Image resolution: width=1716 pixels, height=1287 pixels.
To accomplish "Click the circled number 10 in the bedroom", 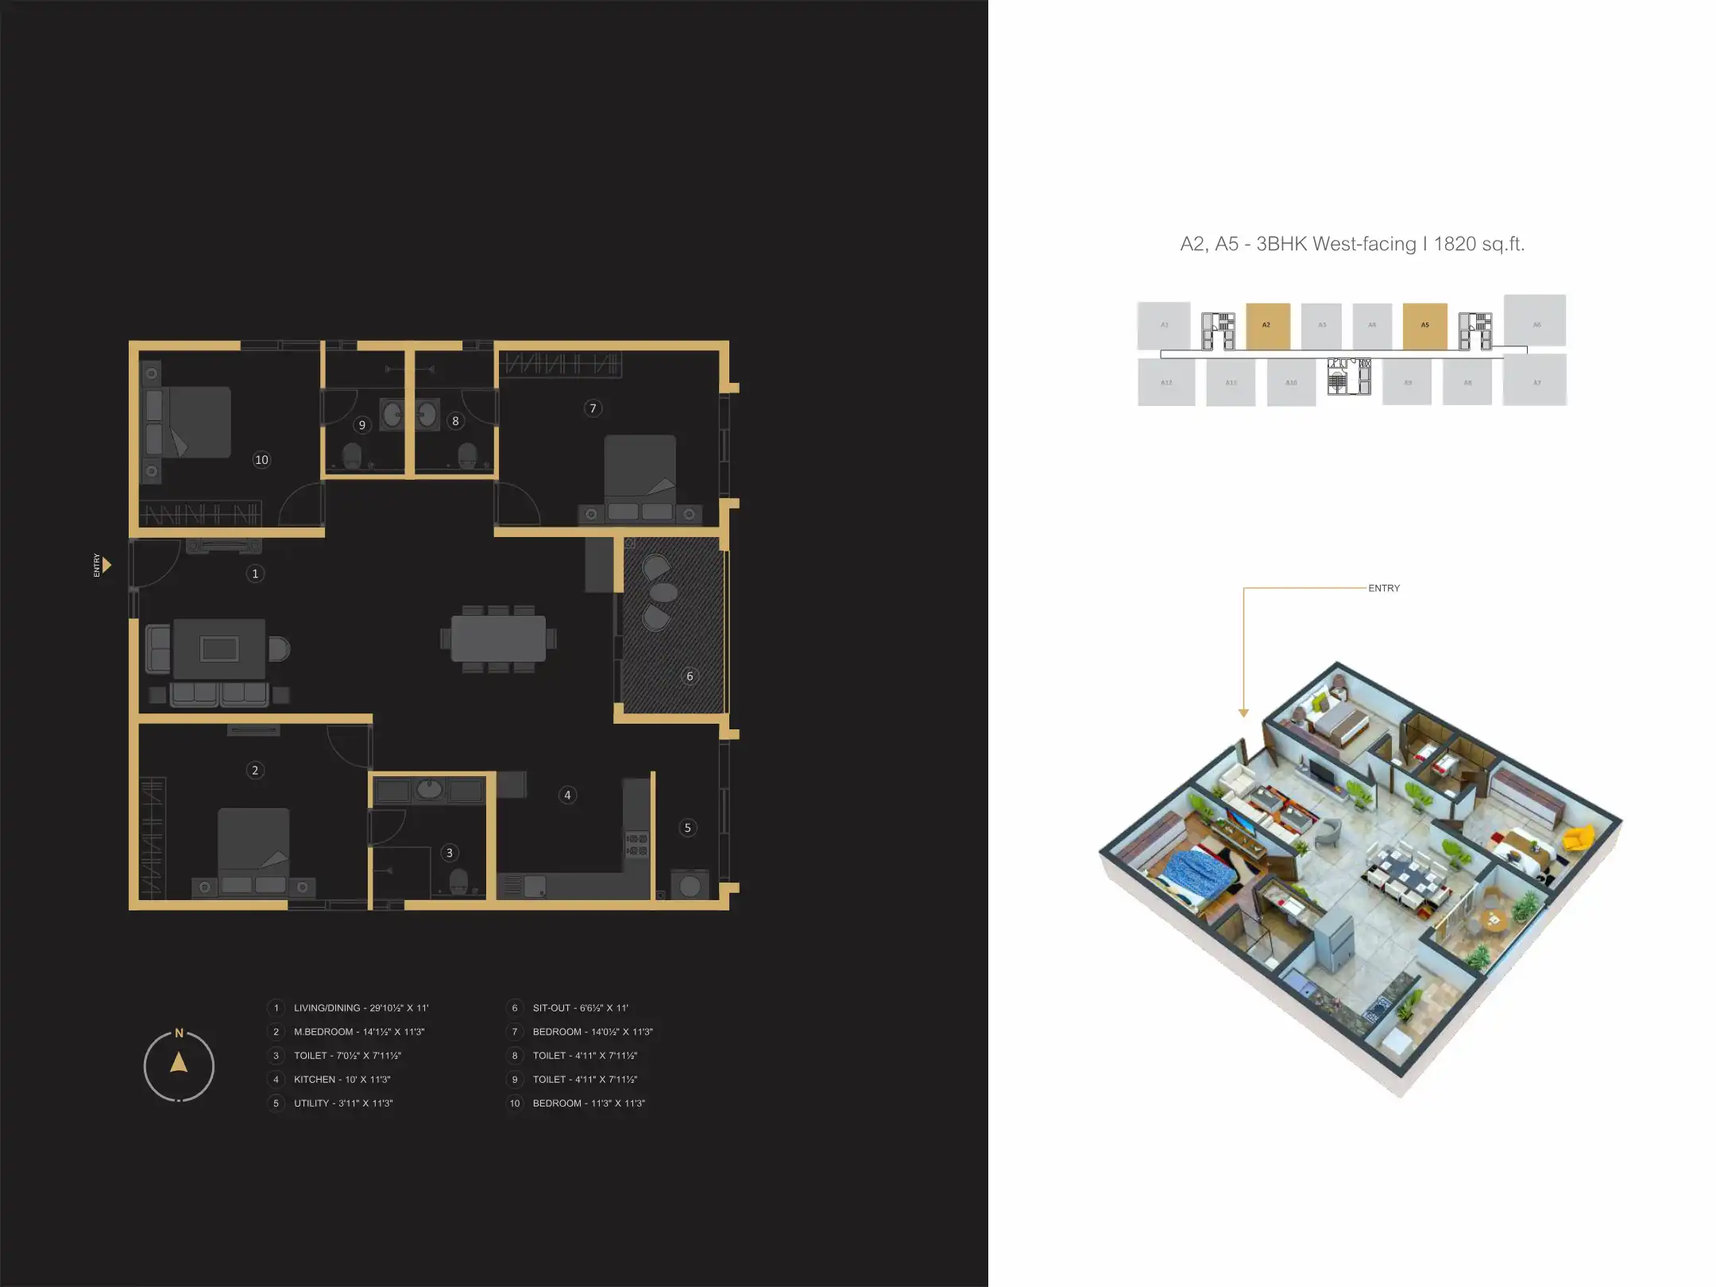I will point(261,460).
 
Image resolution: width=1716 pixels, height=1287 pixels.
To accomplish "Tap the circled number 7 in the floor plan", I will point(593,408).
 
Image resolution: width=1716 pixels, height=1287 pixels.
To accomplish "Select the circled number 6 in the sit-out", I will point(690,676).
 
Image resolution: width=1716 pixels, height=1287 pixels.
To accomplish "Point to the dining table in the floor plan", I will point(498,639).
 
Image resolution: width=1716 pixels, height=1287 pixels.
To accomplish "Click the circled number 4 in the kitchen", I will point(567,795).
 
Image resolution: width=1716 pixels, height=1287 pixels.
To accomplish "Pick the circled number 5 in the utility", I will point(688,828).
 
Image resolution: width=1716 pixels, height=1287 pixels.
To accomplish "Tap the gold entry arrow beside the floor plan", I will point(106,565).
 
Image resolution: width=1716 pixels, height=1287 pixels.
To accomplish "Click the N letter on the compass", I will point(179,1033).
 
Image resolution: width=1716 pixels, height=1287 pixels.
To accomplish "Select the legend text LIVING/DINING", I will point(327,1008).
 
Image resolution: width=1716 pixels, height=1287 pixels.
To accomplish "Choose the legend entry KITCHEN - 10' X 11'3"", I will point(342,1080).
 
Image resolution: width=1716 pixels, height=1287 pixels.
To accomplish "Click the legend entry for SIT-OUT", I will point(580,1008).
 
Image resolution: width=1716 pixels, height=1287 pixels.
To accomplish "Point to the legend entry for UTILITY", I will point(343,1103).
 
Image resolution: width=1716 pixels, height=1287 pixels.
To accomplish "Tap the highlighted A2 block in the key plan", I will point(1267,326).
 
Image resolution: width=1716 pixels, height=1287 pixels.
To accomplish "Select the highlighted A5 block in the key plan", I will point(1424,326).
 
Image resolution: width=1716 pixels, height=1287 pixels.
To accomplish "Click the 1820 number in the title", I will point(1455,244).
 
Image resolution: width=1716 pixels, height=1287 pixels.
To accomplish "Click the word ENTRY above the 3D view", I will point(1384,589).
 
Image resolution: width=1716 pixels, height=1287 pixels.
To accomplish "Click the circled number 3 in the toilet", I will point(450,853).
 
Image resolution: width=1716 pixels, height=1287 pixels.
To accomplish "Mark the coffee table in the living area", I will point(219,649).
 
